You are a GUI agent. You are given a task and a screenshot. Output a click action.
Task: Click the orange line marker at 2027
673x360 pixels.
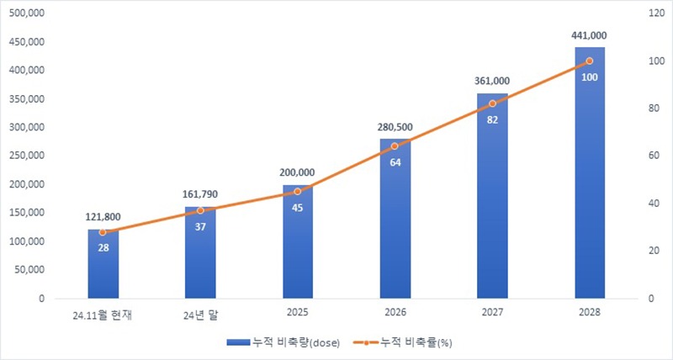point(492,103)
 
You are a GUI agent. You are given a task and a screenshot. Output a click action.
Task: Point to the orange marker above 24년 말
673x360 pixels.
point(200,210)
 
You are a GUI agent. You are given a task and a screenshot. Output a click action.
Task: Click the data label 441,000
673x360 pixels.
point(589,35)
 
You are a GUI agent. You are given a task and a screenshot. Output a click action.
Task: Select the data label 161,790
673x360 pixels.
point(200,194)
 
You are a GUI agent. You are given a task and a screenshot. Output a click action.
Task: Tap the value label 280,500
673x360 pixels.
point(395,127)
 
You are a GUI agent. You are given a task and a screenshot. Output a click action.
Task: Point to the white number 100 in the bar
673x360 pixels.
point(589,77)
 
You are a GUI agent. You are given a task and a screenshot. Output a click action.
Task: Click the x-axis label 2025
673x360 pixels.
point(297,313)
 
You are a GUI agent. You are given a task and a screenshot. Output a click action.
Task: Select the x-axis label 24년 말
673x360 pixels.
point(200,313)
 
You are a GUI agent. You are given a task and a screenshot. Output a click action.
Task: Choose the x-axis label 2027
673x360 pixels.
point(492,313)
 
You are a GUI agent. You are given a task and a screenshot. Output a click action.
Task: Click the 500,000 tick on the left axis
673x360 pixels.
point(28,14)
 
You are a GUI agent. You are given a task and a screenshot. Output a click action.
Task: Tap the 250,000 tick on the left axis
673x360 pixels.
point(28,156)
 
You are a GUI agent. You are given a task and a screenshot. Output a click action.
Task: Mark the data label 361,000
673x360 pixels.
point(492,81)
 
